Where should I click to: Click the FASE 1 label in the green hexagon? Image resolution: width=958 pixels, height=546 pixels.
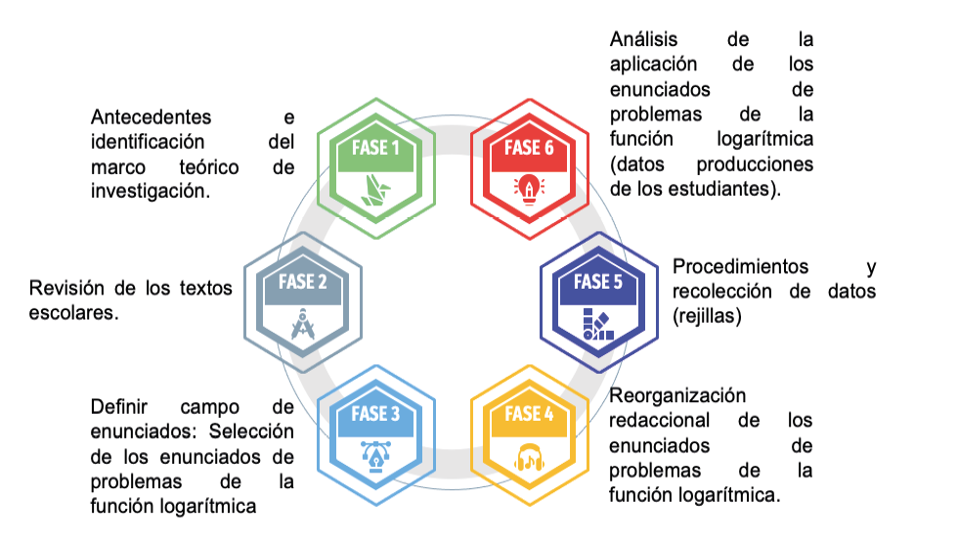point(376,150)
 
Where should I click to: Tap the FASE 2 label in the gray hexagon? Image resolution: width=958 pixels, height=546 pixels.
point(303,283)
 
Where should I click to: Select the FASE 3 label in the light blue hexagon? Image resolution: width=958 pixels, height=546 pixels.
point(376,414)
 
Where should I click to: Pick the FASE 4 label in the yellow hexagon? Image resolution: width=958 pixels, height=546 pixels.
point(529,414)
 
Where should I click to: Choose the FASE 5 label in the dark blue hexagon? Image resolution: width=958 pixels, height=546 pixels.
point(598,283)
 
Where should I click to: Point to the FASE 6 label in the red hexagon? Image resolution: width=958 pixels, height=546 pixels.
point(529,150)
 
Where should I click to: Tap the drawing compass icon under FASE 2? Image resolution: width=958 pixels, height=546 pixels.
point(303,320)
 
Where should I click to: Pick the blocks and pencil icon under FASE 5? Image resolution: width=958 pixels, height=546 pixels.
point(598,321)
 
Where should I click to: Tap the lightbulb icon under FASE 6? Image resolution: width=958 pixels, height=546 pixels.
point(529,185)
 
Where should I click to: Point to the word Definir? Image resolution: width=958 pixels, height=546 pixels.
point(117,406)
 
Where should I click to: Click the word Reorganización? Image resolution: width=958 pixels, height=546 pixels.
point(676,395)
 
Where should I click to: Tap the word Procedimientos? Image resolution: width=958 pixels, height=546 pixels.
point(741,266)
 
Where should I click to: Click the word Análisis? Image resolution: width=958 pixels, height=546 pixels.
point(646,40)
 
